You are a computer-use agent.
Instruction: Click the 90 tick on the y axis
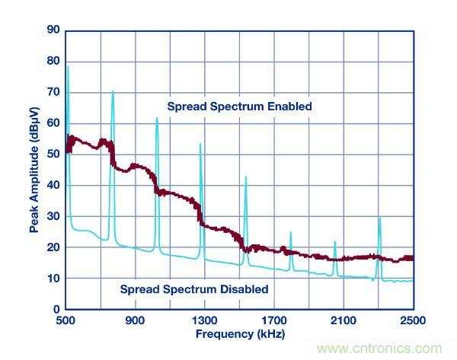point(53,30)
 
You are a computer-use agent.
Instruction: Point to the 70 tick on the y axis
point(53,92)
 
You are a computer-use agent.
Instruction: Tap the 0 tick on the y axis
point(56,310)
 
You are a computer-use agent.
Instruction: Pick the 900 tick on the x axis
point(136,320)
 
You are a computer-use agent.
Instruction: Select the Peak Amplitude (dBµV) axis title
point(35,169)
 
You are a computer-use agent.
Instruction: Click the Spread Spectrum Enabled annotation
point(240,107)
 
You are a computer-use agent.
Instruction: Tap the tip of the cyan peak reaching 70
point(113,92)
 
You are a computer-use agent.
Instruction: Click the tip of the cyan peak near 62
point(157,118)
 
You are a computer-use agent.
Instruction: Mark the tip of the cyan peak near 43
point(245,177)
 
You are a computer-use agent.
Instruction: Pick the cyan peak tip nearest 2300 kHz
point(379,218)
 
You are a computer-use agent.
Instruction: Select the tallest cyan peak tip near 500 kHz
point(68,66)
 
